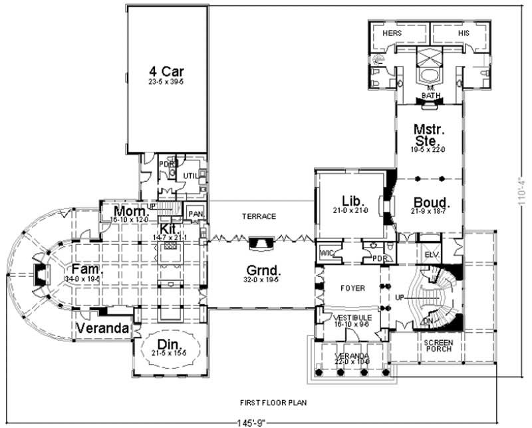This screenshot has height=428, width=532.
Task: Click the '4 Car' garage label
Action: tap(167, 70)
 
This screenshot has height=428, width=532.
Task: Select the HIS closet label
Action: tap(464, 32)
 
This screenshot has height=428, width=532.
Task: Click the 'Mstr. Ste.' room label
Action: tap(426, 134)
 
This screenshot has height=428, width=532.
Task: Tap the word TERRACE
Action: tap(259, 216)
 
